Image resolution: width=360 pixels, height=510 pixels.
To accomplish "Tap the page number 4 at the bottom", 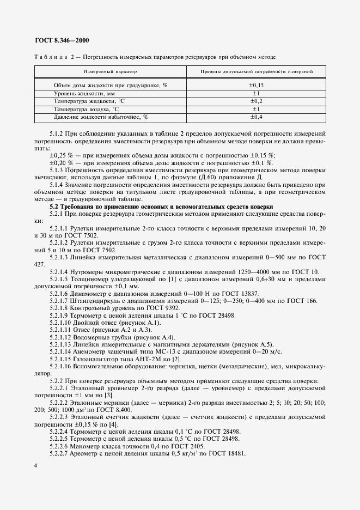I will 35,465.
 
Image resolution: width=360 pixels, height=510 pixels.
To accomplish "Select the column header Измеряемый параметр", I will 110,71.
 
